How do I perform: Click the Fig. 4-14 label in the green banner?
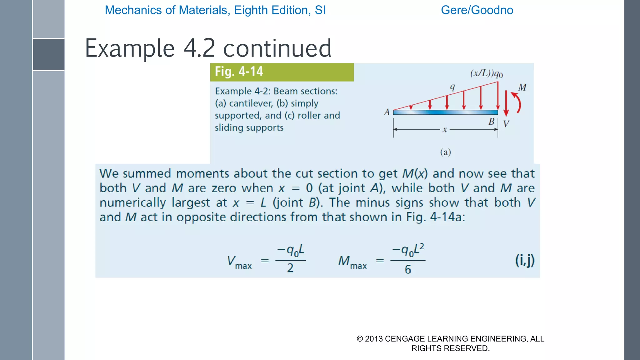[239, 72]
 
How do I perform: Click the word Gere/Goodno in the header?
[477, 10]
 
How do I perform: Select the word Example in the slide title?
[130, 48]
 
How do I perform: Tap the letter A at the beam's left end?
[387, 112]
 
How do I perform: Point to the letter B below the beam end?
[491, 122]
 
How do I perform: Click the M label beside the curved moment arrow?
[522, 87]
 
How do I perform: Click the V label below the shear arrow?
[506, 124]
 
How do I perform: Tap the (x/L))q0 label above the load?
[486, 74]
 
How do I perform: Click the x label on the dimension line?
[445, 129]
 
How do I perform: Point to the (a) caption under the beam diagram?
[445, 152]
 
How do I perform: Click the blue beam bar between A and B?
[445, 112]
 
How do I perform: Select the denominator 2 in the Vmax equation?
[290, 268]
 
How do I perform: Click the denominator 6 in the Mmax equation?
[408, 269]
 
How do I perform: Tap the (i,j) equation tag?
[525, 260]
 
